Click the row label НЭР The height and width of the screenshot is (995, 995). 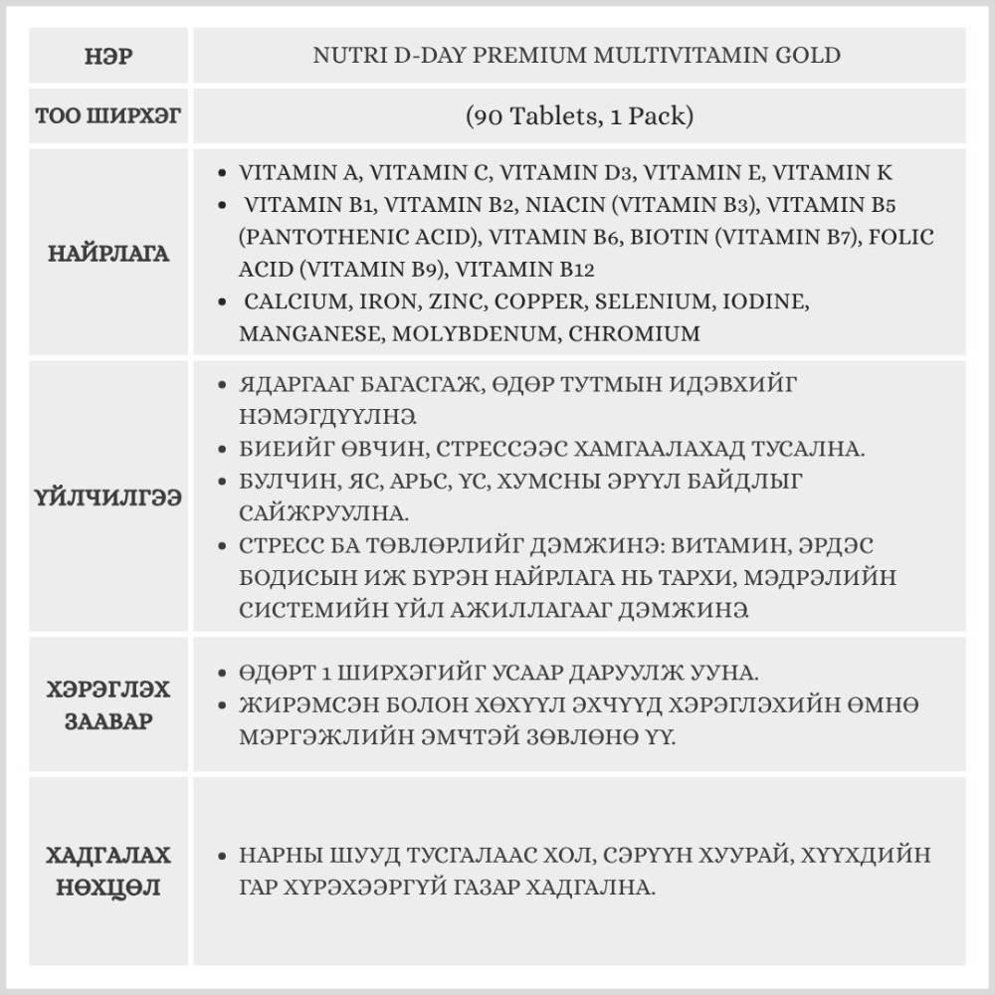point(108,56)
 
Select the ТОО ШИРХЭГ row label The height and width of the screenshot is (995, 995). point(108,116)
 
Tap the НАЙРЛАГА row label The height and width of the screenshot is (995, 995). point(108,254)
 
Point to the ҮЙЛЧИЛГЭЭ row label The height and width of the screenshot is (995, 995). point(108,497)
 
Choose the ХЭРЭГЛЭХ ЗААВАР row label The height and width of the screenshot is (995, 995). point(108,704)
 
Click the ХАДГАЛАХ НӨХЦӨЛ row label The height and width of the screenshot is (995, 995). point(108,872)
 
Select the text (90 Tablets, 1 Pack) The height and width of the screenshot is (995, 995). point(578,116)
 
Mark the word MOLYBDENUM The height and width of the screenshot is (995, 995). point(476,334)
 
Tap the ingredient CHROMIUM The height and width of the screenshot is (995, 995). point(634,334)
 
